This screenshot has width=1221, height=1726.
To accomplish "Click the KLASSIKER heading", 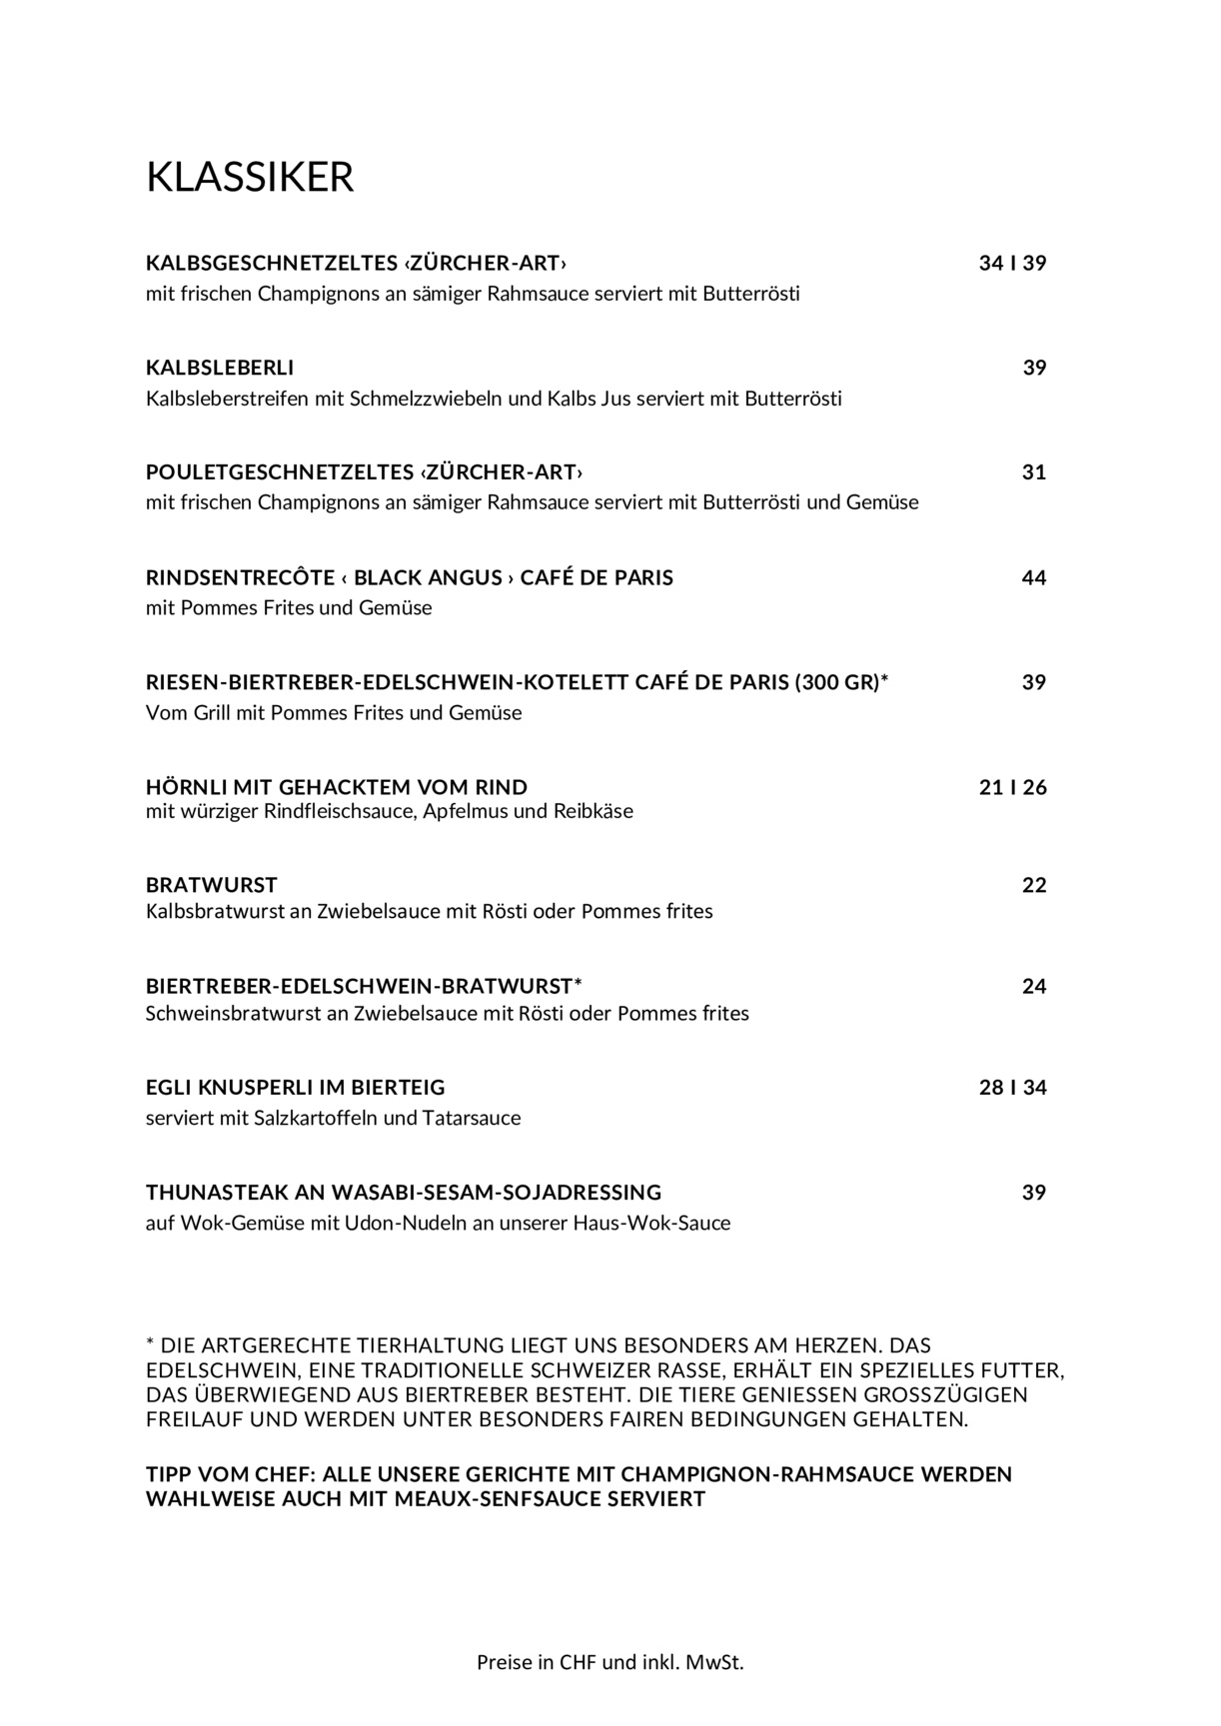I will [x=250, y=177].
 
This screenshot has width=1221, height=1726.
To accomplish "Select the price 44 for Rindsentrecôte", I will [x=1033, y=577].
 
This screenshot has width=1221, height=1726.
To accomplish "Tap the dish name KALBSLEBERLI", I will [x=220, y=368].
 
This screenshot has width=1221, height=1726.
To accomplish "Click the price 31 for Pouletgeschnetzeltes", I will [x=1033, y=471].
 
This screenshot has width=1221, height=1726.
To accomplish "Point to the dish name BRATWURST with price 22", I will [x=212, y=885].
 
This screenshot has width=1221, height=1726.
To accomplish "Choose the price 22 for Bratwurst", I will [x=1033, y=885].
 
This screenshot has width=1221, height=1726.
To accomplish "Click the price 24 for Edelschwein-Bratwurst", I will [x=1033, y=987].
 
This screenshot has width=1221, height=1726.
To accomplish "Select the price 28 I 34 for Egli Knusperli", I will [x=1012, y=1088].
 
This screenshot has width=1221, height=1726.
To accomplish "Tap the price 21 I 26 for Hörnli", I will [x=1012, y=787].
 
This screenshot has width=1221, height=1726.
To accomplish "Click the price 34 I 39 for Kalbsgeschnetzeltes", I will [x=1012, y=264].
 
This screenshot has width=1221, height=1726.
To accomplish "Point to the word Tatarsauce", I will [x=472, y=1118].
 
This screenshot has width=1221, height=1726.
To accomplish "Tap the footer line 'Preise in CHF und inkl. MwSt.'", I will [x=610, y=1662].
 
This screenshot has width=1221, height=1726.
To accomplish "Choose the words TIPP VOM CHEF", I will [x=229, y=1474].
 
